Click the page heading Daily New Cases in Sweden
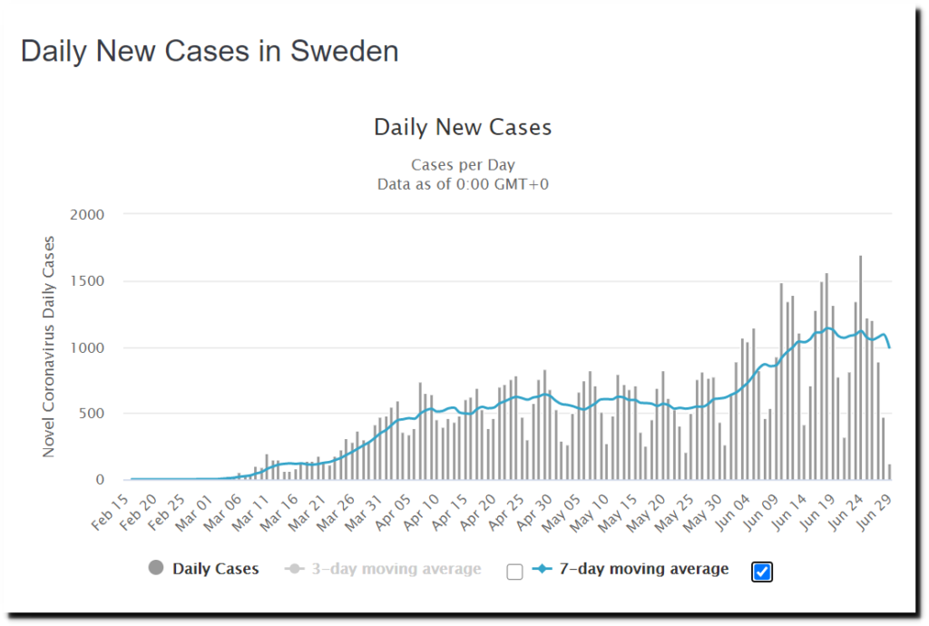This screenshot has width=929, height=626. [210, 51]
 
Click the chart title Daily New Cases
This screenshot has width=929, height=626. [463, 127]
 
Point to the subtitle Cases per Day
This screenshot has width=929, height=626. [463, 165]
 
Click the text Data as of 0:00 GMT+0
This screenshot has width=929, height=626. [463, 184]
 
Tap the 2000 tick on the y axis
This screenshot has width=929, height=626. [87, 215]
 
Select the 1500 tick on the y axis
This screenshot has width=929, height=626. [87, 281]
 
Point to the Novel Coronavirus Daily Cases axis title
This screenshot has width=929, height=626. [49, 347]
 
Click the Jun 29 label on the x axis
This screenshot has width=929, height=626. [876, 511]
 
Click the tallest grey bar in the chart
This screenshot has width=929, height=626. [860, 367]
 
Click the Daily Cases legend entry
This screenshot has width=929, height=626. [216, 569]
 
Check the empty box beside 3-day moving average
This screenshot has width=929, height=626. [514, 571]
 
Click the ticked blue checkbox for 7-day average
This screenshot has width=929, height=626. [762, 571]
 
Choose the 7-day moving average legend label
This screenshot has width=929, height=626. [643, 569]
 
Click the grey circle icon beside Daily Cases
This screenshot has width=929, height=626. [155, 569]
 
